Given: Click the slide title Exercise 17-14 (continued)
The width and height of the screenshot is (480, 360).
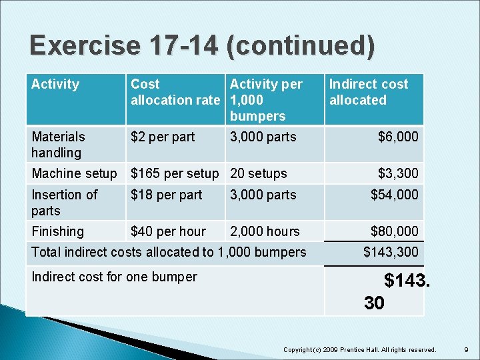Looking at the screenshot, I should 202,46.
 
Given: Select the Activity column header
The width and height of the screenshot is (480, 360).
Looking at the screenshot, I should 55,85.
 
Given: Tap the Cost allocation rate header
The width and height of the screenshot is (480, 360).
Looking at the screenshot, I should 175,93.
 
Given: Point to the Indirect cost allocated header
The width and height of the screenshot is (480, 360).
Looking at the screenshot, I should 368,93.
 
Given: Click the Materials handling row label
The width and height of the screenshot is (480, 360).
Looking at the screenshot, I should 59,145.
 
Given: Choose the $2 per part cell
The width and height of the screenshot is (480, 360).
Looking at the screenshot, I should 163,137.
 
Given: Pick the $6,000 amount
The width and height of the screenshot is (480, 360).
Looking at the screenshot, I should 398,137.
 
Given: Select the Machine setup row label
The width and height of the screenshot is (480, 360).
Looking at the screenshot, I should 74,174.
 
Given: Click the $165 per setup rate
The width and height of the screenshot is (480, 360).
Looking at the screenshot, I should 175,174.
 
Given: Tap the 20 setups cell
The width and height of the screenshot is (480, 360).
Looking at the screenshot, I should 258,174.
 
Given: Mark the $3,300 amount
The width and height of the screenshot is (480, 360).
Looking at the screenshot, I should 398,174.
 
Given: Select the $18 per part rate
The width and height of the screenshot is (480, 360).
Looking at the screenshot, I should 166,195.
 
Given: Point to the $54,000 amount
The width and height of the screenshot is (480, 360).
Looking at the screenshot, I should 395,195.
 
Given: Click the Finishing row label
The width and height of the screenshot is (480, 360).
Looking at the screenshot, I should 58,232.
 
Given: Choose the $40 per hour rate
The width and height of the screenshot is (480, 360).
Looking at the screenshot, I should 168,232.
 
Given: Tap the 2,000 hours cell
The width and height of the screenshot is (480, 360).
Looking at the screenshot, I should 265,232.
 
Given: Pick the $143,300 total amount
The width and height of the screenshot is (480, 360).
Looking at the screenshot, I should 391,253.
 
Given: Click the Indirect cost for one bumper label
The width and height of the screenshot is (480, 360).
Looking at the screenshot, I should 114,277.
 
